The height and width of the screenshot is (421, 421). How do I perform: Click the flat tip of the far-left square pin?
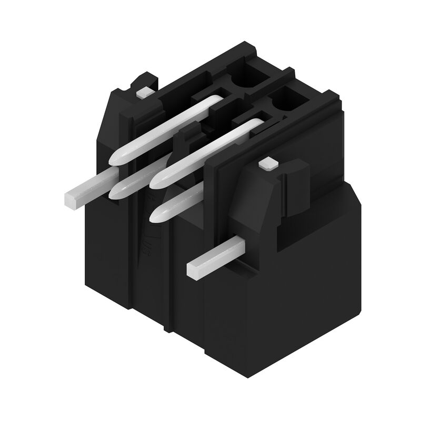(70, 198)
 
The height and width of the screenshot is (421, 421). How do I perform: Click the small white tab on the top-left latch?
(144, 93)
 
